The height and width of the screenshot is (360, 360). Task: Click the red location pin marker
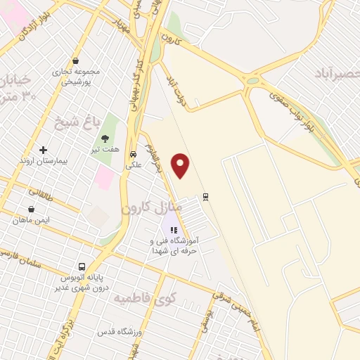(181, 165)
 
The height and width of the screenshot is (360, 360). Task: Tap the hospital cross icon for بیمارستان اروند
(44, 150)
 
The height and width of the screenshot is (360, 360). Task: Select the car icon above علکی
(133, 155)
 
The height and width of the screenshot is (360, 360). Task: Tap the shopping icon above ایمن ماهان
(32, 209)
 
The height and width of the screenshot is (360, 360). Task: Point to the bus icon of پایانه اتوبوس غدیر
(82, 267)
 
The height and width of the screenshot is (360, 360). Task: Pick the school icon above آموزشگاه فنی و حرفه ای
(174, 229)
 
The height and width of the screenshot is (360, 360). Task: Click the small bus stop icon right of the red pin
(205, 196)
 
